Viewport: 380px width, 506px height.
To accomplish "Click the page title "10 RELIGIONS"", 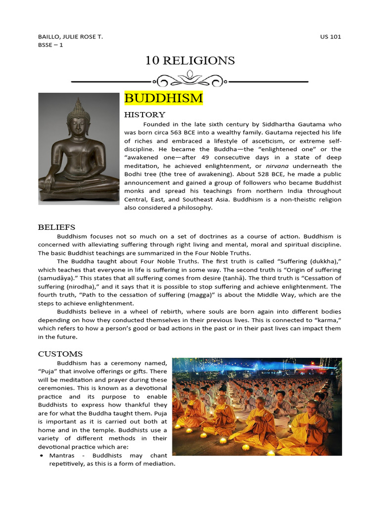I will (x=190, y=61).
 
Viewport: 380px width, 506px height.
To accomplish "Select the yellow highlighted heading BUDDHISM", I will (x=163, y=98).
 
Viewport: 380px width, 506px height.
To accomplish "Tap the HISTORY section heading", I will (x=144, y=115).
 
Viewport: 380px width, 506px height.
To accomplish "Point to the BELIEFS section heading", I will (x=57, y=227).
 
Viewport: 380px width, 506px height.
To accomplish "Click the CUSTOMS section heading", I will (x=60, y=354).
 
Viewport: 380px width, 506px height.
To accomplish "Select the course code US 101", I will (x=331, y=37).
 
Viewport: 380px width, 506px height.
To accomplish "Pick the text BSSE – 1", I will (x=50, y=45).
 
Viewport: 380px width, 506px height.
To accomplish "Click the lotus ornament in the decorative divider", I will (x=190, y=78).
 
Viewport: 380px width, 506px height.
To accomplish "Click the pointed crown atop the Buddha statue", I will (x=78, y=105).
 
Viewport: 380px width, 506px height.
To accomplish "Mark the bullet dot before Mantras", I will (x=42, y=455).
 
